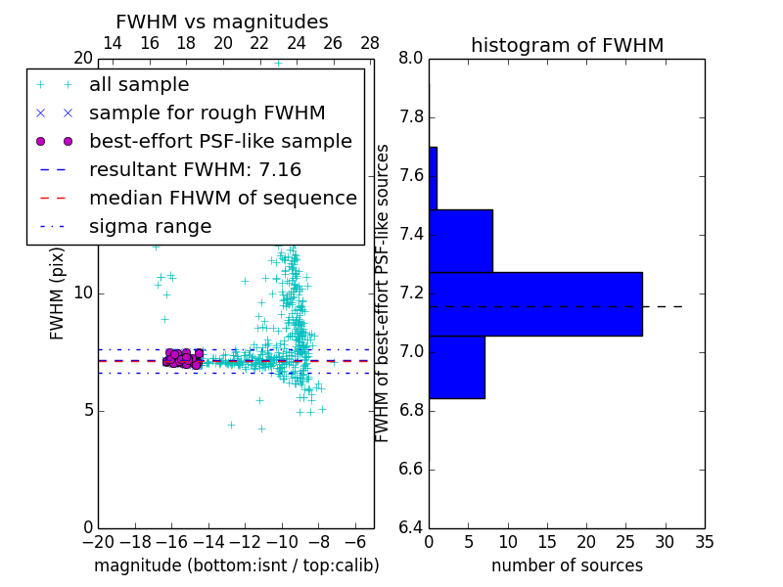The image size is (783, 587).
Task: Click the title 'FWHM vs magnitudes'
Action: (x=221, y=22)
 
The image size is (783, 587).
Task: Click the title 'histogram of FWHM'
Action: (x=567, y=45)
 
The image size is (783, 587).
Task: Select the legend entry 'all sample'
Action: (x=139, y=85)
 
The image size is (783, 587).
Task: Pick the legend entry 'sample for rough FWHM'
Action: (x=207, y=113)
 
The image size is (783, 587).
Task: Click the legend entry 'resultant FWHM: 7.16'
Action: (x=195, y=169)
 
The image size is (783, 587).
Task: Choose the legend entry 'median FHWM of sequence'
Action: (x=222, y=198)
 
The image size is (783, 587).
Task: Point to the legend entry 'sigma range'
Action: (x=150, y=226)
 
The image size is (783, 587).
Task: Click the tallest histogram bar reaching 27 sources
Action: (x=535, y=303)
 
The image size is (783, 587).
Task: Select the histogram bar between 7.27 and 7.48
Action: (x=460, y=241)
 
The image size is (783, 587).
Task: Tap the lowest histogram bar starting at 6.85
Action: (x=456, y=367)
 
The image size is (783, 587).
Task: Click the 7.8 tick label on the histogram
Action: (x=411, y=117)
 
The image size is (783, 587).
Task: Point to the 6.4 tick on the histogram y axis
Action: (x=411, y=527)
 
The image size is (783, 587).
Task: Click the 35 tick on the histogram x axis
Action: (x=705, y=540)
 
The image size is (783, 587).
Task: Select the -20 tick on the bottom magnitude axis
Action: (x=98, y=540)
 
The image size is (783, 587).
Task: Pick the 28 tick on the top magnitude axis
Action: (x=370, y=43)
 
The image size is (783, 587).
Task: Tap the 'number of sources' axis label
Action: (x=567, y=565)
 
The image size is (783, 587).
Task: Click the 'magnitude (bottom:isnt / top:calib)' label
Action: (x=236, y=565)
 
